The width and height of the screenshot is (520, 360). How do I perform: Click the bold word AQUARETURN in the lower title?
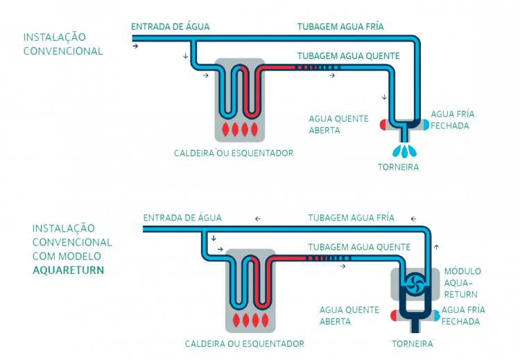coord(68,271)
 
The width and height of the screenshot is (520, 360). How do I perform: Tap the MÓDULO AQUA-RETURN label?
coord(462,282)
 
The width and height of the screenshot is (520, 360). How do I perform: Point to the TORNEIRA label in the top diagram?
coord(399,167)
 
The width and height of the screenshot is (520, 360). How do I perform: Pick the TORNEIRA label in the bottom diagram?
coord(413,343)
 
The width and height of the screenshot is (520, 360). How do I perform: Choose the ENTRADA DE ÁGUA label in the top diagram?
coord(170,27)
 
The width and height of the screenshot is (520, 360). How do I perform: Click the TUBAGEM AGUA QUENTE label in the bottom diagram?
coord(359,247)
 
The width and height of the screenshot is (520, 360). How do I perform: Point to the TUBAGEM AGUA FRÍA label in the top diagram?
coord(340,27)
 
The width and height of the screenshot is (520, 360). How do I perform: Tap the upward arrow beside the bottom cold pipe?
coord(436,246)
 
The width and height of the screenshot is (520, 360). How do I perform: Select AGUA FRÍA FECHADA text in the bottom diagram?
coord(462,316)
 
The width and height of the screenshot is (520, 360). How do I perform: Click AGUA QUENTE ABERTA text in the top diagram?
coord(338,124)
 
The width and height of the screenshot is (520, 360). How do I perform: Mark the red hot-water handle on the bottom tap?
coord(394,316)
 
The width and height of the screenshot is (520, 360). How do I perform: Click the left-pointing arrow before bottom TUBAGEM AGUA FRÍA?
coord(258,218)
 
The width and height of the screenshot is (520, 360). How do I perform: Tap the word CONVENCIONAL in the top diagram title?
coord(63,51)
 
